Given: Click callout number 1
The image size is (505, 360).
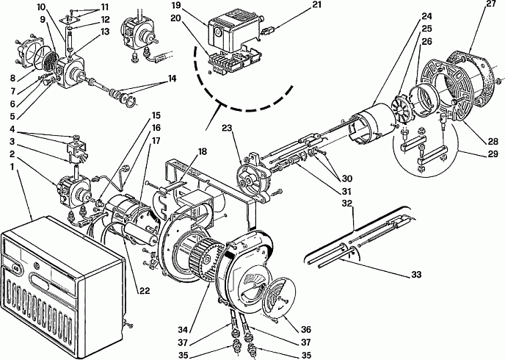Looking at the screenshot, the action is click(12, 168).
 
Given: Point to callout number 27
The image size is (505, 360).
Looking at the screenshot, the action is click(491, 4).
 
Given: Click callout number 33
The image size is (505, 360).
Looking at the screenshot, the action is click(416, 275).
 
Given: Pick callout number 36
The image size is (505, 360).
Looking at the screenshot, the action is click(306, 329).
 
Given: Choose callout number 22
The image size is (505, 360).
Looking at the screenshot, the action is click(145, 290).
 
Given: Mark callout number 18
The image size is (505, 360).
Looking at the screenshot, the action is click(202, 151).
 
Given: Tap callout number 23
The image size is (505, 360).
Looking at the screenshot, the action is click(227, 128).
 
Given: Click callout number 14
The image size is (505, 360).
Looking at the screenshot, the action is click(172, 79).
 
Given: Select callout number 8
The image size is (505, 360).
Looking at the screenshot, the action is click(12, 78).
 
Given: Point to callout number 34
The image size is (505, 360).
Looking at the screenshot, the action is click(184, 329).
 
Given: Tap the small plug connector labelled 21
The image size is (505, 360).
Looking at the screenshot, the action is click(269, 32).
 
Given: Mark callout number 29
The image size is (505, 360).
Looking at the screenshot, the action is click(492, 154).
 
